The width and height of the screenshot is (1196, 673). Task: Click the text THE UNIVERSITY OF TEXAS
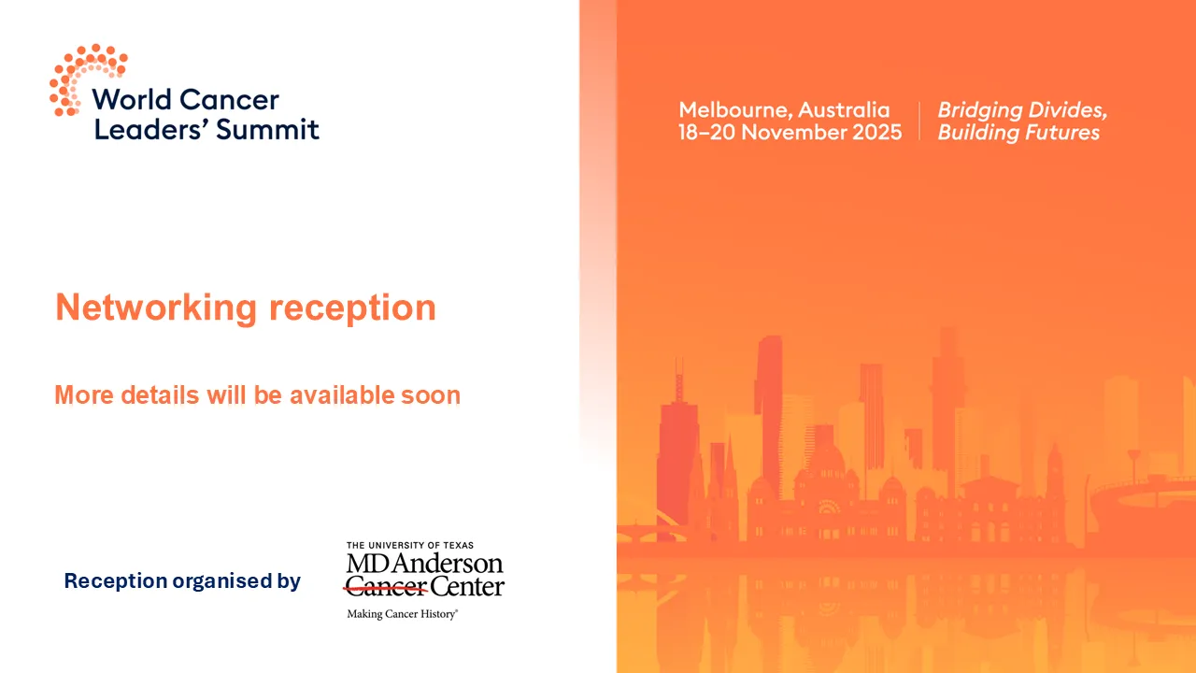pyautogui.click(x=409, y=545)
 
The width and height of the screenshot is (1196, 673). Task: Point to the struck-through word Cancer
pyautogui.click(x=386, y=588)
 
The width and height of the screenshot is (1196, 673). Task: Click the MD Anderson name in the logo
pyautogui.click(x=424, y=565)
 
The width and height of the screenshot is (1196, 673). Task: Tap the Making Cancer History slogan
pyautogui.click(x=402, y=614)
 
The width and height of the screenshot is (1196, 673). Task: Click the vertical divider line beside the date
pyautogui.click(x=919, y=122)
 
